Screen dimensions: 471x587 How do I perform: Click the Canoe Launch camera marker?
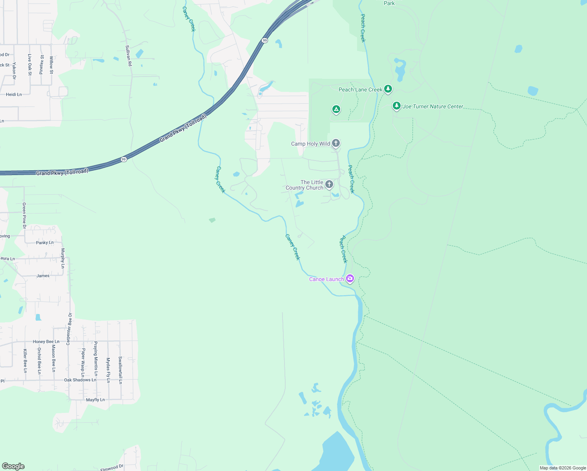[350, 279]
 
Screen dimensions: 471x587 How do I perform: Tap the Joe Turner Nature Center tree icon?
[397, 106]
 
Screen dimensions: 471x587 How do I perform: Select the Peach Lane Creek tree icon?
[388, 89]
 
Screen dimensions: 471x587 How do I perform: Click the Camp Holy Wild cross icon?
[336, 143]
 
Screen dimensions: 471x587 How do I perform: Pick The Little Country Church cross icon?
[329, 184]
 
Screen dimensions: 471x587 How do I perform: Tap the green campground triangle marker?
[336, 110]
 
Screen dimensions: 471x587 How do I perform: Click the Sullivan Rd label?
[128, 55]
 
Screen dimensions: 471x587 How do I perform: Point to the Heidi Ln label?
[14, 95]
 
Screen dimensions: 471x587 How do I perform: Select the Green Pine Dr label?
[24, 215]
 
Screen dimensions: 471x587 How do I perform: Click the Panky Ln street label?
[45, 243]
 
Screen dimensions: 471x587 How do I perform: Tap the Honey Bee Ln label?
[46, 341]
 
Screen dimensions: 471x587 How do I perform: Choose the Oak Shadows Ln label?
[80, 380]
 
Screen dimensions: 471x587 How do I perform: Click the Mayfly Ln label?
[95, 400]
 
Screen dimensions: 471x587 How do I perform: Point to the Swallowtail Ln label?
[120, 370]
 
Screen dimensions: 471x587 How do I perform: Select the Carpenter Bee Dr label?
[69, 329]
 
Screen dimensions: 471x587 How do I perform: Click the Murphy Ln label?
[63, 258]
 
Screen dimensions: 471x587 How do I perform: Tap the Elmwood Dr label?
[112, 467]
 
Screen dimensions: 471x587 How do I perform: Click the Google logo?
[13, 466]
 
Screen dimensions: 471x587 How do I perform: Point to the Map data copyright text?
[563, 468]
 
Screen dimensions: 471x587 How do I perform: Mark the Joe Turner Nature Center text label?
[433, 106]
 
